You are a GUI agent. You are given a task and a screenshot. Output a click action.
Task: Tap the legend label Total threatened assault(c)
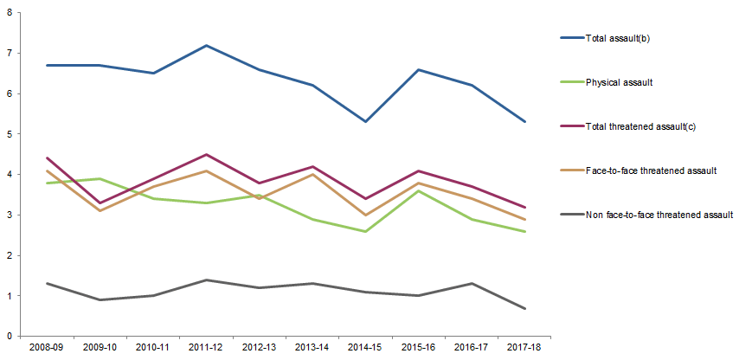(x=640, y=126)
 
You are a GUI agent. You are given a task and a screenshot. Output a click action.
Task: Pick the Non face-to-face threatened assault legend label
(x=659, y=214)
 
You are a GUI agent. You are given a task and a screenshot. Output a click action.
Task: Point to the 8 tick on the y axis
(x=10, y=12)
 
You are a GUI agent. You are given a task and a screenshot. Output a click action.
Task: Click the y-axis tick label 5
(x=10, y=134)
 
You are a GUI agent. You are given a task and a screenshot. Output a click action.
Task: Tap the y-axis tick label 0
(x=10, y=337)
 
